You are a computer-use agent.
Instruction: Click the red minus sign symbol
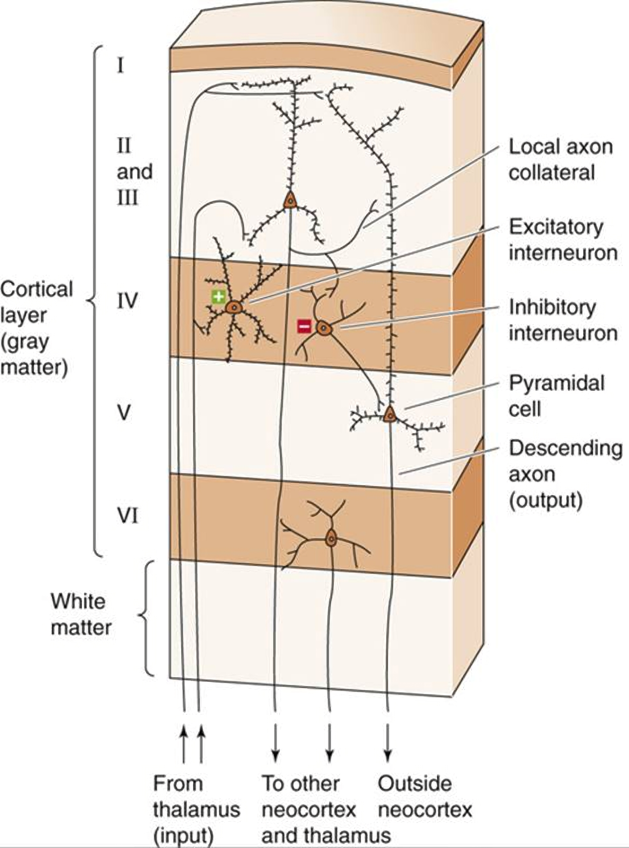304,326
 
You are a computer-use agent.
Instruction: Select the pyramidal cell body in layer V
389,414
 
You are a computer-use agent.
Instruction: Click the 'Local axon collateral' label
561,160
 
